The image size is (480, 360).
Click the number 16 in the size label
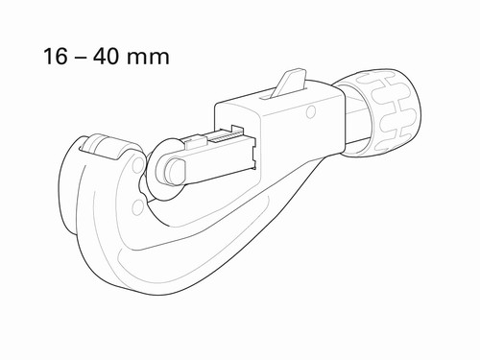[56, 57]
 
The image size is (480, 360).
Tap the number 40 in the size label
[105, 57]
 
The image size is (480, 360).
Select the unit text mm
[148, 59]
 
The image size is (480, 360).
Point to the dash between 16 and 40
[80, 59]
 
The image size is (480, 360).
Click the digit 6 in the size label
[61, 57]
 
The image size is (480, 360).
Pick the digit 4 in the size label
[99, 57]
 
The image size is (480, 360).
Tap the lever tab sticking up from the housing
[289, 82]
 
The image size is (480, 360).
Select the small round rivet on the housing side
[310, 111]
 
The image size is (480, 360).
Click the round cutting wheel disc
[166, 170]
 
